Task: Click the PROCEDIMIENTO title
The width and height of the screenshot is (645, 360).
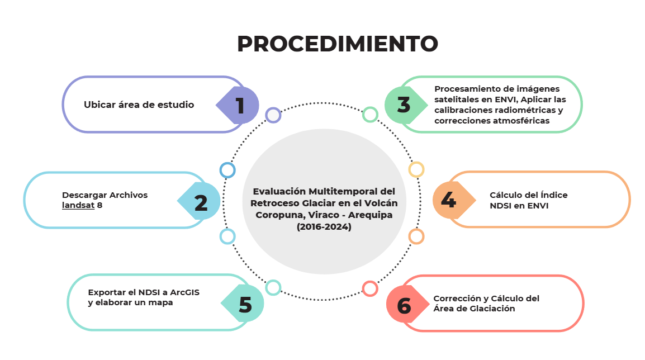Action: (337, 44)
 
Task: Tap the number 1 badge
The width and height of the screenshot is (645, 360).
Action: (238, 105)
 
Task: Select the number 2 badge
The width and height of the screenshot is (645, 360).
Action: (199, 201)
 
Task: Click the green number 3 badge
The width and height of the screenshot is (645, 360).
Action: (406, 105)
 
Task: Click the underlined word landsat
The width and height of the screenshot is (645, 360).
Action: (78, 205)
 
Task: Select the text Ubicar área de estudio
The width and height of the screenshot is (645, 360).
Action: (139, 105)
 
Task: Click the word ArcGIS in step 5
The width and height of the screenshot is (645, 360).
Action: (184, 292)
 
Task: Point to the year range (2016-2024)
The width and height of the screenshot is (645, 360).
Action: (324, 227)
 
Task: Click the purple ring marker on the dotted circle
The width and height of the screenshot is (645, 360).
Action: (273, 115)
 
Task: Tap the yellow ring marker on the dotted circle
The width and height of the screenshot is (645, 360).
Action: (416, 169)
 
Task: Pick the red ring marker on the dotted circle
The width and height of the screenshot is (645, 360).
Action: (370, 289)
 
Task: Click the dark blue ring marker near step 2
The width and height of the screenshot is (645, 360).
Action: (227, 170)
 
